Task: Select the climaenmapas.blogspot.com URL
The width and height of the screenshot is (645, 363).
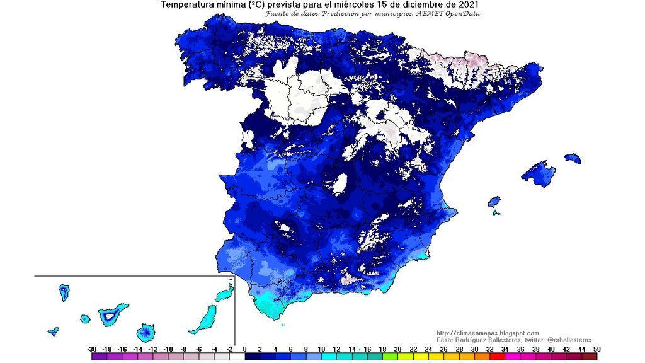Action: click(x=488, y=333)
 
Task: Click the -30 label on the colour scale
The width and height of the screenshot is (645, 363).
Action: click(x=92, y=349)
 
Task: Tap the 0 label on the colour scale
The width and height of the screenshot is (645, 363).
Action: click(x=245, y=349)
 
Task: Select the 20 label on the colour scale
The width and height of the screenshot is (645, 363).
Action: click(x=397, y=349)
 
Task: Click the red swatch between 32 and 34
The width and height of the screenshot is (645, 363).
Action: click(x=497, y=357)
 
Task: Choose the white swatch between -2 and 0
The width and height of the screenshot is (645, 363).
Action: click(x=237, y=357)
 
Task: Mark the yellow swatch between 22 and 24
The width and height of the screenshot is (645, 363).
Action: click(x=421, y=357)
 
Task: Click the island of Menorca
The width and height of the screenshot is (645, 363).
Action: click(x=573, y=158)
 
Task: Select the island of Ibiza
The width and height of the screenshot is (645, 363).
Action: click(x=494, y=202)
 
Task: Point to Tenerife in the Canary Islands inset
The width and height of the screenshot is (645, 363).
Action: click(x=112, y=314)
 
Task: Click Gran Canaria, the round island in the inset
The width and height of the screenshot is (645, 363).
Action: click(x=147, y=331)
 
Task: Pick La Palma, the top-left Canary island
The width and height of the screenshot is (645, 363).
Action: click(x=64, y=292)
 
